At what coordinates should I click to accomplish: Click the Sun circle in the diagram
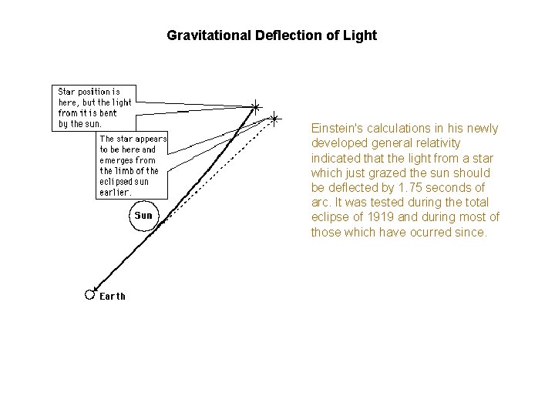click(144, 215)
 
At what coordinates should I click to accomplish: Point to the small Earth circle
click(89, 294)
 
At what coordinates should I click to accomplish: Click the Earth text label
click(113, 296)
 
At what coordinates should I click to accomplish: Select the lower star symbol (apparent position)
click(274, 118)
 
